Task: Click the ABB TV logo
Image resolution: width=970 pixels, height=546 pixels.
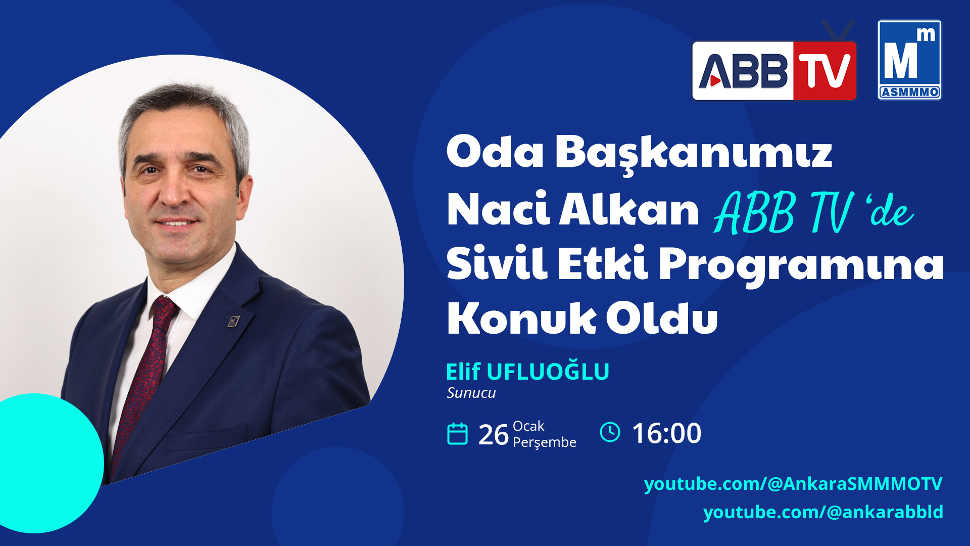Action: (774, 71)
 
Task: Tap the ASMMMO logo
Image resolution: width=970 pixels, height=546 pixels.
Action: (909, 60)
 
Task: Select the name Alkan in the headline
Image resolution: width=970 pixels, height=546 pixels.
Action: (629, 209)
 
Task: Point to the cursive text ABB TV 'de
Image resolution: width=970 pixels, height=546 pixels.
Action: (813, 212)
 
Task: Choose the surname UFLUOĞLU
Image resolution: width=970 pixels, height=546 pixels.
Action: (548, 372)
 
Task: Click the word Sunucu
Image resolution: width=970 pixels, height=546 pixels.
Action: (471, 393)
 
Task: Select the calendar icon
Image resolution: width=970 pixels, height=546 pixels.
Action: (458, 434)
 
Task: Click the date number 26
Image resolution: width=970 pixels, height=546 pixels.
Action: (493, 435)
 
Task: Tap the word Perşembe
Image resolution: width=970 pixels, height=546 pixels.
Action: (545, 443)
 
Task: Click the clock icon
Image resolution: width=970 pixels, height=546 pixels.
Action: (610, 432)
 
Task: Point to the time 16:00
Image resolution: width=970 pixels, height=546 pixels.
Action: (666, 433)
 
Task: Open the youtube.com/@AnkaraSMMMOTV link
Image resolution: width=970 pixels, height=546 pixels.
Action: (793, 484)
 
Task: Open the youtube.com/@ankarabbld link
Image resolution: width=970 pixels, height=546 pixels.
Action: (823, 512)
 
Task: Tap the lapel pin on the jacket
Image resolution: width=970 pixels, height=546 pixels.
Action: (233, 321)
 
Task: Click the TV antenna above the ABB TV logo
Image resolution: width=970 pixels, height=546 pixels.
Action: (839, 29)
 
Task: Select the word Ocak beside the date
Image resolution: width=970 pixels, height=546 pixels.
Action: (528, 426)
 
